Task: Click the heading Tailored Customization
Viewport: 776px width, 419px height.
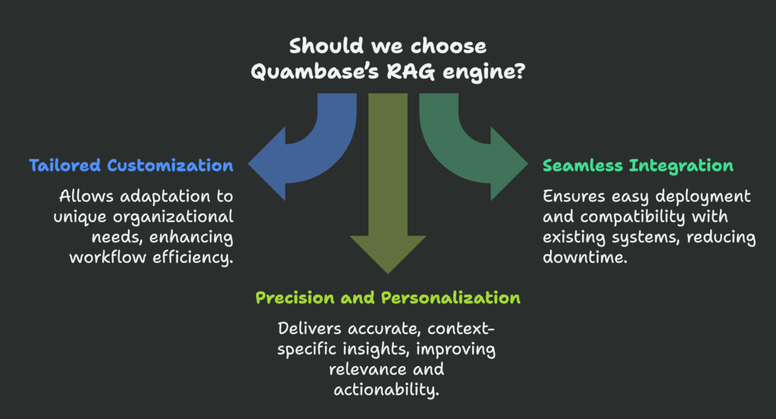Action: [x=131, y=165]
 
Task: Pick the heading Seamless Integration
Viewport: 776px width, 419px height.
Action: [x=638, y=166]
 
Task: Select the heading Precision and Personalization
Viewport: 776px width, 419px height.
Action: [x=388, y=298]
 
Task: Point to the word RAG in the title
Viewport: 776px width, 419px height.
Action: [x=411, y=72]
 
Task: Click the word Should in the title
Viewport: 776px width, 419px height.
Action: [x=327, y=46]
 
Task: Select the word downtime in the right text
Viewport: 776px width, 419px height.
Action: [x=583, y=258]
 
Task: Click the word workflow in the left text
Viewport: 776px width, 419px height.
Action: [x=108, y=258]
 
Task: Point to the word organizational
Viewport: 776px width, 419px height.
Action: [x=174, y=217]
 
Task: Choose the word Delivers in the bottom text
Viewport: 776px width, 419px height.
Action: [x=309, y=329]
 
